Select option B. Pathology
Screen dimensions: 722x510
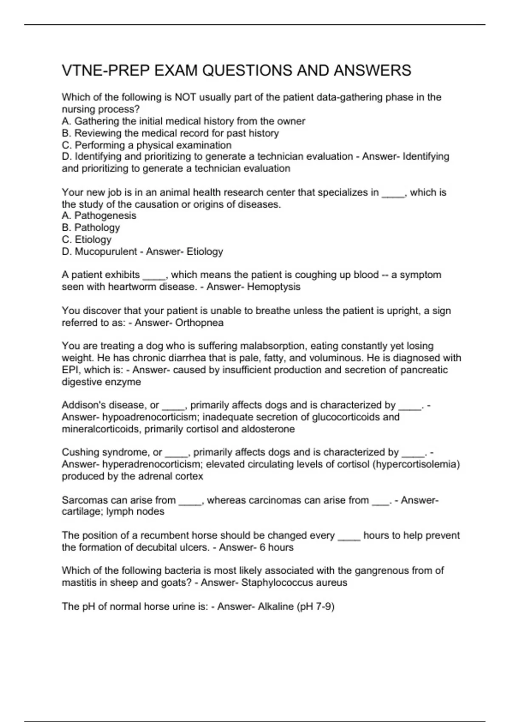91,228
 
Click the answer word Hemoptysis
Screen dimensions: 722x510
274,287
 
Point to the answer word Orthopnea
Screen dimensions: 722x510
199,323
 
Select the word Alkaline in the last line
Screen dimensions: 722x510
275,606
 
